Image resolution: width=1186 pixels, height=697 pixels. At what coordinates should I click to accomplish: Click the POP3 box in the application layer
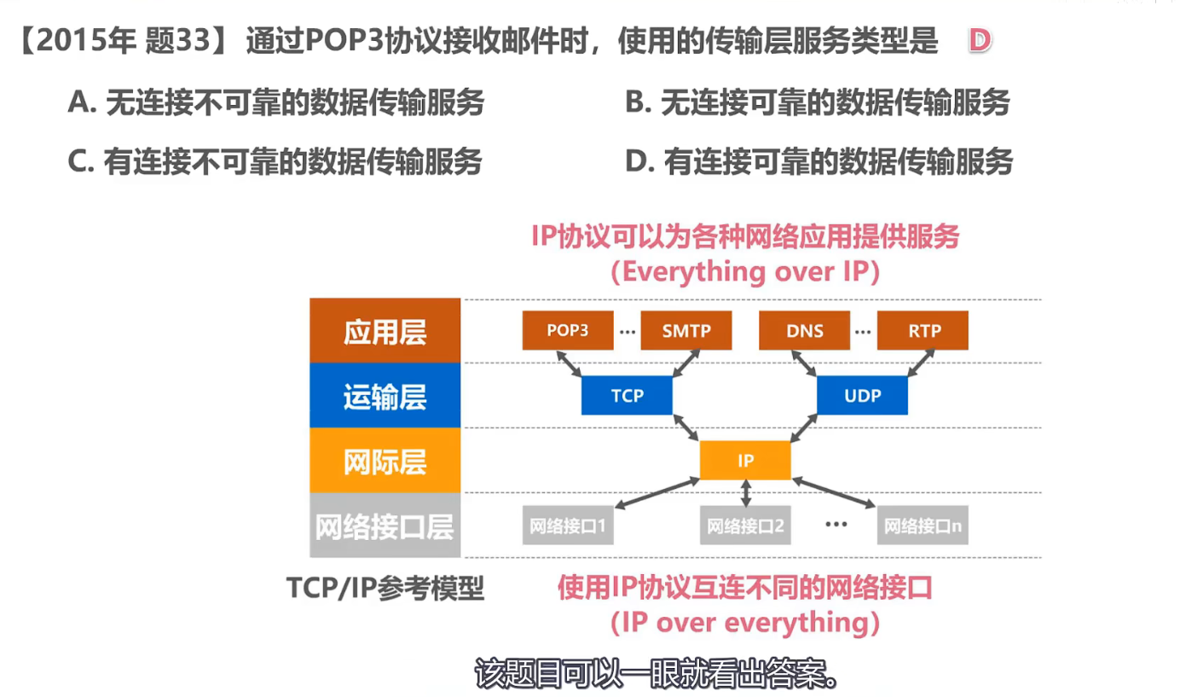(x=567, y=331)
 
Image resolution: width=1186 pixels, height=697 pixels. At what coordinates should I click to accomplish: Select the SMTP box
(x=686, y=331)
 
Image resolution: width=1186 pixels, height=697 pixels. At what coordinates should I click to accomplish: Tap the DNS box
(x=804, y=331)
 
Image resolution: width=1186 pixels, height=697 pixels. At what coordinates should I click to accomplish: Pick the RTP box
(x=923, y=331)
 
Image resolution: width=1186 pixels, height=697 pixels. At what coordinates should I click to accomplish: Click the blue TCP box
(x=627, y=396)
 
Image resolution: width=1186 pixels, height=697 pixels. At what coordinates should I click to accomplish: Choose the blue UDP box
(x=862, y=396)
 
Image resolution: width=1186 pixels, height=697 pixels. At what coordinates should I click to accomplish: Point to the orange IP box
(x=745, y=461)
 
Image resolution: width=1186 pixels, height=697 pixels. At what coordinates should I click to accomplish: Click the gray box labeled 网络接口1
(x=567, y=526)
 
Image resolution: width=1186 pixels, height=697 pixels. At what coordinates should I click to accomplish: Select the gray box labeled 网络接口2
(x=745, y=526)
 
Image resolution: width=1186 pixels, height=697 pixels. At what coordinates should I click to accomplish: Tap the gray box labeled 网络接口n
(x=923, y=526)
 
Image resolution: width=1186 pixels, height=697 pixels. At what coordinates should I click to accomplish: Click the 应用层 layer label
(x=385, y=331)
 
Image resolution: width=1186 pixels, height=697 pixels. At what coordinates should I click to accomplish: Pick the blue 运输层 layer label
(x=385, y=397)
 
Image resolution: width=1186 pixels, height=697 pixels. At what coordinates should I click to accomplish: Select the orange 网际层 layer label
(x=385, y=462)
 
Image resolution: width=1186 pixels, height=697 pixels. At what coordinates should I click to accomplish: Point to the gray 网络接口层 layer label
(x=385, y=526)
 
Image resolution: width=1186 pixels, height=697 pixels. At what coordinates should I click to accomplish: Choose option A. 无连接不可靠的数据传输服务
(x=276, y=103)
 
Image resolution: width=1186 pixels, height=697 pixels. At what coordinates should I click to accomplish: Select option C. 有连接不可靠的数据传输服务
(x=275, y=161)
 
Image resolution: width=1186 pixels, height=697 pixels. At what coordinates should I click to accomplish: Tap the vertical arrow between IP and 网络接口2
(x=747, y=493)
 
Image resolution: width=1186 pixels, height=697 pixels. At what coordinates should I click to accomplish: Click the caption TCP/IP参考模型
(x=385, y=588)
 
